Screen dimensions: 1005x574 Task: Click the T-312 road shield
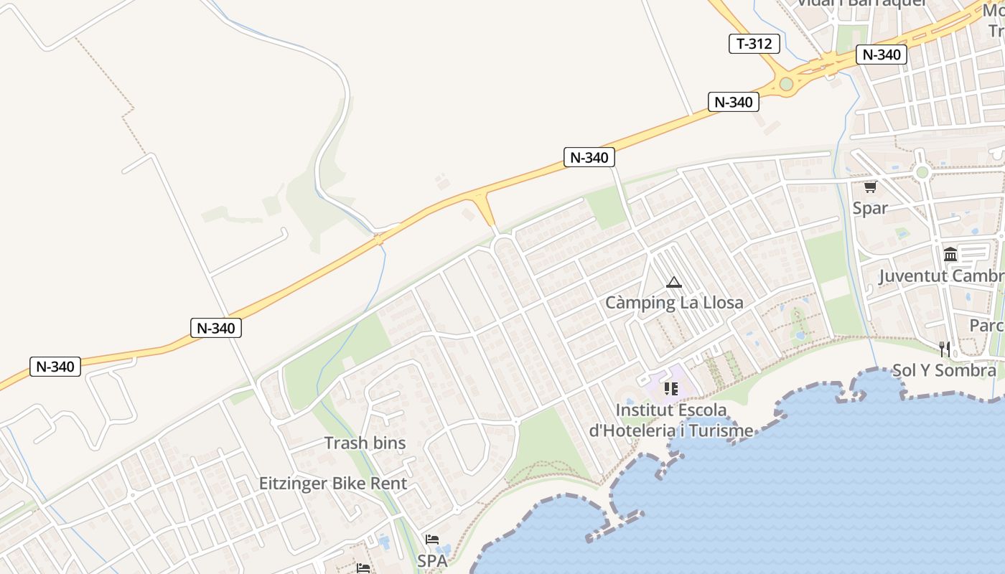tap(754, 44)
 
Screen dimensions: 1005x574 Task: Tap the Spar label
tap(870, 208)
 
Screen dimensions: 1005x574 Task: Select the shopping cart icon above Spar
tap(870, 187)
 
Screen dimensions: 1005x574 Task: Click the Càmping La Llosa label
tap(674, 302)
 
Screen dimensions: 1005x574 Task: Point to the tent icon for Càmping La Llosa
tap(673, 282)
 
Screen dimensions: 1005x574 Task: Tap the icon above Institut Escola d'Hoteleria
tap(671, 389)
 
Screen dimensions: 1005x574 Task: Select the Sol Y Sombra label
tap(944, 370)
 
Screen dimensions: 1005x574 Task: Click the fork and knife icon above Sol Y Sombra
tap(945, 349)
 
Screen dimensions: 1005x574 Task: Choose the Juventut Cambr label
tap(941, 276)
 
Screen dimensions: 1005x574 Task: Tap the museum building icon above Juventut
tap(950, 255)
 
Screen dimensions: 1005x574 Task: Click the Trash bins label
tap(365, 443)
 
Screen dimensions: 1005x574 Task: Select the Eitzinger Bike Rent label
tap(333, 483)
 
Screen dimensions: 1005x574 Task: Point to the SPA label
tap(432, 560)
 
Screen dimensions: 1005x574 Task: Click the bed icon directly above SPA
tap(432, 540)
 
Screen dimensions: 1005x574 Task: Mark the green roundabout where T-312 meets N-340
tap(786, 84)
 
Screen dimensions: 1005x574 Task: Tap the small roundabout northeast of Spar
tap(922, 172)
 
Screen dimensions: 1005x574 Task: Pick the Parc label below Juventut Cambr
tap(986, 325)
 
